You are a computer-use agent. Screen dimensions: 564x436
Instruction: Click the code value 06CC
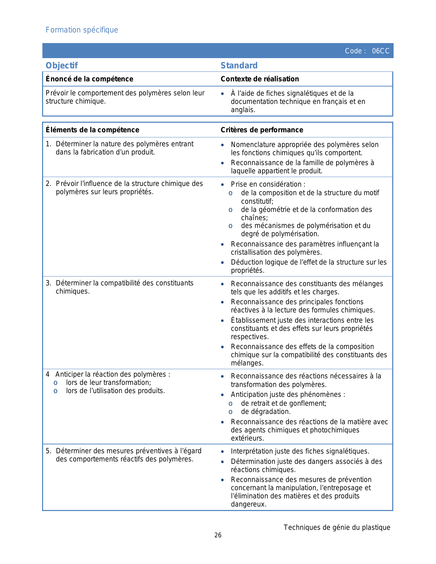tap(380, 51)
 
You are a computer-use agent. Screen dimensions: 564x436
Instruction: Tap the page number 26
tap(218, 535)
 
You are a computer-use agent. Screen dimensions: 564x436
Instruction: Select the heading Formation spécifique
tap(82, 30)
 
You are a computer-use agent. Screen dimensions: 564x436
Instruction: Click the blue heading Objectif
tap(62, 66)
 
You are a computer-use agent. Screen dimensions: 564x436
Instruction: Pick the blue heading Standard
tap(239, 66)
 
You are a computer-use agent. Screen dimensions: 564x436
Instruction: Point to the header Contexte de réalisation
tap(260, 79)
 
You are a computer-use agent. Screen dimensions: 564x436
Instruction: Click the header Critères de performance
tap(262, 130)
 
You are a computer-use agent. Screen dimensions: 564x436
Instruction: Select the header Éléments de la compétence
tap(92, 130)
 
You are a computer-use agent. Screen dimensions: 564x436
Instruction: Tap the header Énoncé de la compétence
tap(89, 79)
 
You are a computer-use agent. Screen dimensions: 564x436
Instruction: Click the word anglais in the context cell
tap(242, 110)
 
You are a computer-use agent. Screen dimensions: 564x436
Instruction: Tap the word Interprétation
tap(252, 451)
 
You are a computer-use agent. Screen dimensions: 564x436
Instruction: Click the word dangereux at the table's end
tap(248, 504)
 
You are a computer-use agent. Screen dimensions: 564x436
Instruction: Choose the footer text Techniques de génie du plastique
tap(337, 527)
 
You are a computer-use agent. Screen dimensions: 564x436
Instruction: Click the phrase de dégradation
tap(265, 412)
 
